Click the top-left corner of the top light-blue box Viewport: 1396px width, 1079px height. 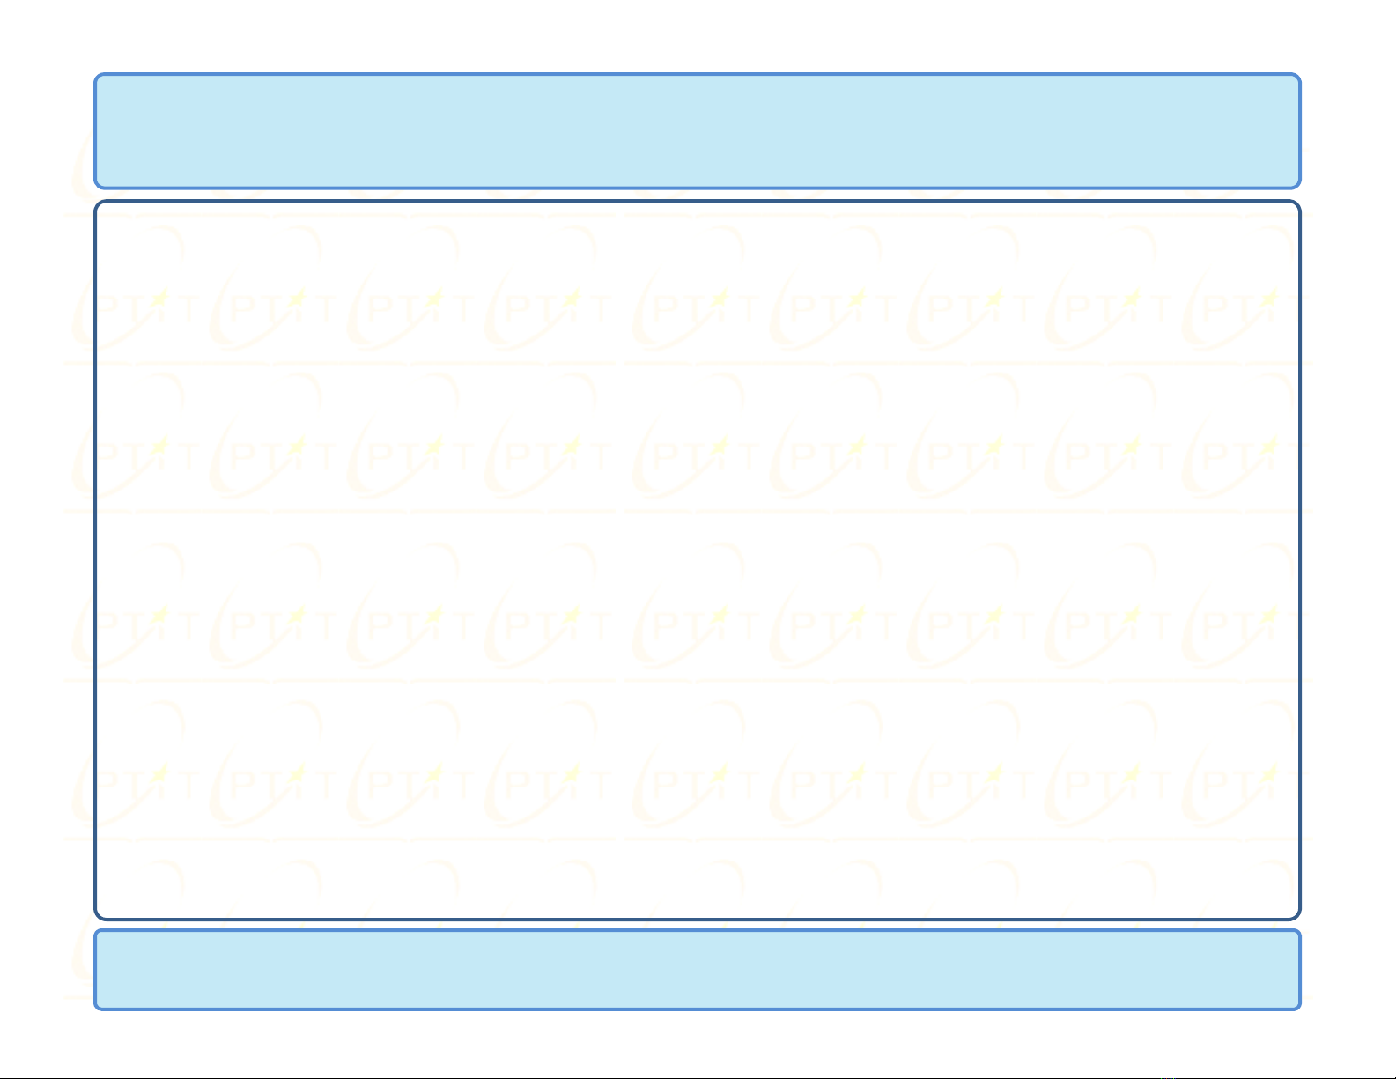(96, 76)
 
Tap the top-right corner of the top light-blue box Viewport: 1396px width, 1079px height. (1299, 76)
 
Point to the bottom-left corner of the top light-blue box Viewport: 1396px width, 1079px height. (96, 187)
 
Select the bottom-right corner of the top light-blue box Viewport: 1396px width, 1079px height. (1299, 187)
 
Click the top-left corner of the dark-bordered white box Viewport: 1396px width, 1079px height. (97, 203)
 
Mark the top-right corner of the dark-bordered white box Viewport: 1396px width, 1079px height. (1298, 203)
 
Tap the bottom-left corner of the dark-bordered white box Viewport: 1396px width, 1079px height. (97, 918)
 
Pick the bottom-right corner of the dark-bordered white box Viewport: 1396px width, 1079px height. (1298, 918)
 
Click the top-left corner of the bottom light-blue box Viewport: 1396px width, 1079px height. (96, 932)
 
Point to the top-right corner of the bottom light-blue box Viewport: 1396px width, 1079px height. (1299, 932)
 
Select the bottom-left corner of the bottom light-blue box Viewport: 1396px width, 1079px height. (96, 1008)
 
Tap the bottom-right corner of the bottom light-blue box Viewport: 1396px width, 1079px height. (1299, 1008)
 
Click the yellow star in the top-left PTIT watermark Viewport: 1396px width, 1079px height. (159, 299)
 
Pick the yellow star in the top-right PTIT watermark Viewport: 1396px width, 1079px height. (1269, 299)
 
